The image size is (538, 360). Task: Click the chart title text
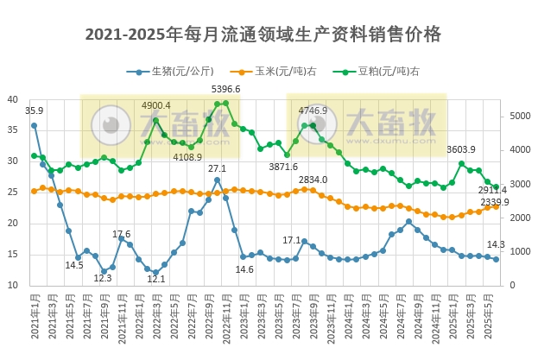click(263, 35)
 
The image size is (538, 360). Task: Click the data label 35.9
click(34, 111)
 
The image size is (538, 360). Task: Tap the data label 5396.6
click(225, 90)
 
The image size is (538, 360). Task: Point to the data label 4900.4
click(156, 105)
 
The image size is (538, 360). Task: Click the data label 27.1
click(217, 168)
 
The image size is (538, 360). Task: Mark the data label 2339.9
click(495, 202)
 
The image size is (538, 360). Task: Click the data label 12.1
click(156, 279)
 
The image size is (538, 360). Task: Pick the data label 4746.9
click(313, 111)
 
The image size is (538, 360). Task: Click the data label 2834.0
click(313, 180)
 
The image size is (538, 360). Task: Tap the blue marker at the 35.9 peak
click(34, 125)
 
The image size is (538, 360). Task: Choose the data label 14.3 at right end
click(497, 244)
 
